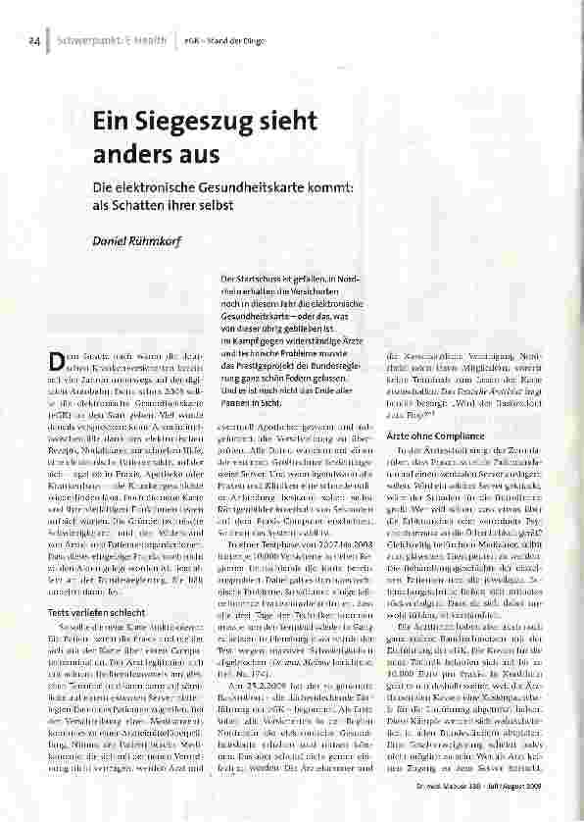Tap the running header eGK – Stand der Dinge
pyautogui.click(x=217, y=43)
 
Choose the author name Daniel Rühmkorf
pyautogui.click(x=136, y=240)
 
